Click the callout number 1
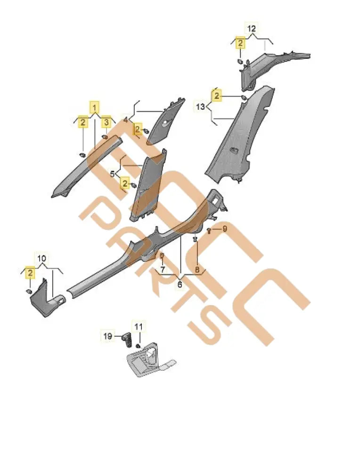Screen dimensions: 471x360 (x=95, y=107)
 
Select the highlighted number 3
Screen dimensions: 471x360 (x=107, y=122)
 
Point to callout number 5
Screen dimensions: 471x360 (x=113, y=174)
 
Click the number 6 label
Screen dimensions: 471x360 (x=180, y=284)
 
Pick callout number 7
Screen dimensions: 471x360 (x=162, y=269)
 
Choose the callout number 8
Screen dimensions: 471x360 (x=198, y=269)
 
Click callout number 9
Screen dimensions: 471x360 (x=225, y=229)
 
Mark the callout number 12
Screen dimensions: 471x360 (x=252, y=29)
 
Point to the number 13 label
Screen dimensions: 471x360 (x=201, y=107)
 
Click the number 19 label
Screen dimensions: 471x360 (x=108, y=336)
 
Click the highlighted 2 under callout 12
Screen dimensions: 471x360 (x=240, y=44)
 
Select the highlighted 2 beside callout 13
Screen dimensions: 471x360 (x=217, y=97)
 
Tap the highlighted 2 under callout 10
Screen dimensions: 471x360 (x=30, y=273)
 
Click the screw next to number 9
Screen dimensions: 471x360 (x=209, y=230)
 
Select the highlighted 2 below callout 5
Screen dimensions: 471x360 (x=125, y=183)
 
